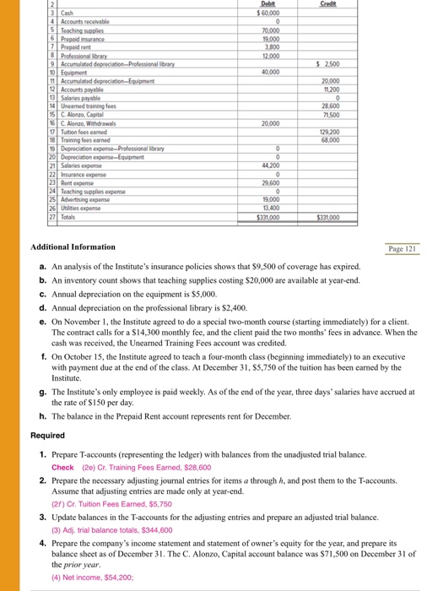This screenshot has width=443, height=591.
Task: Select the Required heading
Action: (x=47, y=436)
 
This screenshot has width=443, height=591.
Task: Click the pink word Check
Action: (x=62, y=467)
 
